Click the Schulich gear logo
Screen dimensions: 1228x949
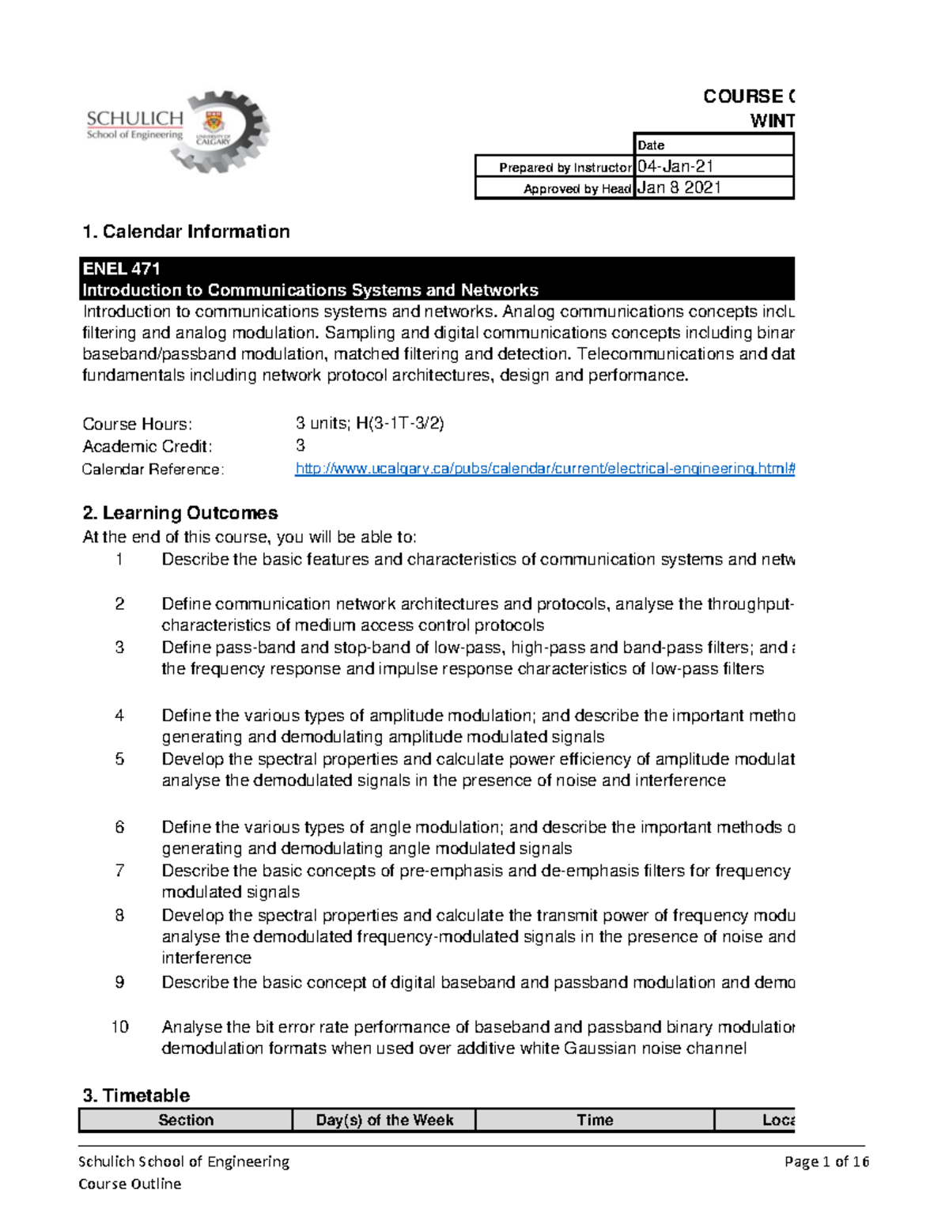179,130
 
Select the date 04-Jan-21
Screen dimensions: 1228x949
675,166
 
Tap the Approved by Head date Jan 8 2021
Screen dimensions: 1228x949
679,187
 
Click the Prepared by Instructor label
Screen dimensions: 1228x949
565,168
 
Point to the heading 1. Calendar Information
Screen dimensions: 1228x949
186,232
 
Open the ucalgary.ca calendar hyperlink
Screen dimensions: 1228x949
544,469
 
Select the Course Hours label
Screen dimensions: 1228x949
137,424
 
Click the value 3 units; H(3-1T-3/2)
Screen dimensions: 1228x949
369,424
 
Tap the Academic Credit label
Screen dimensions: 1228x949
147,446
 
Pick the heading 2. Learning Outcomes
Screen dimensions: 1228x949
180,513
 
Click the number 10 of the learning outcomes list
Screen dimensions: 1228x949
119,1027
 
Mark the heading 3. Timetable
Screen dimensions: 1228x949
136,1095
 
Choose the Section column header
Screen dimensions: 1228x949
186,1120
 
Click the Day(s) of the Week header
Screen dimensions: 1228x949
384,1120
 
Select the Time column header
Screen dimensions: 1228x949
595,1120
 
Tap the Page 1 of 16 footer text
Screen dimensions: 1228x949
826,1162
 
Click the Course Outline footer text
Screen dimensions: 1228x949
130,1184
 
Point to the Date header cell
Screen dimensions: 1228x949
651,145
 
